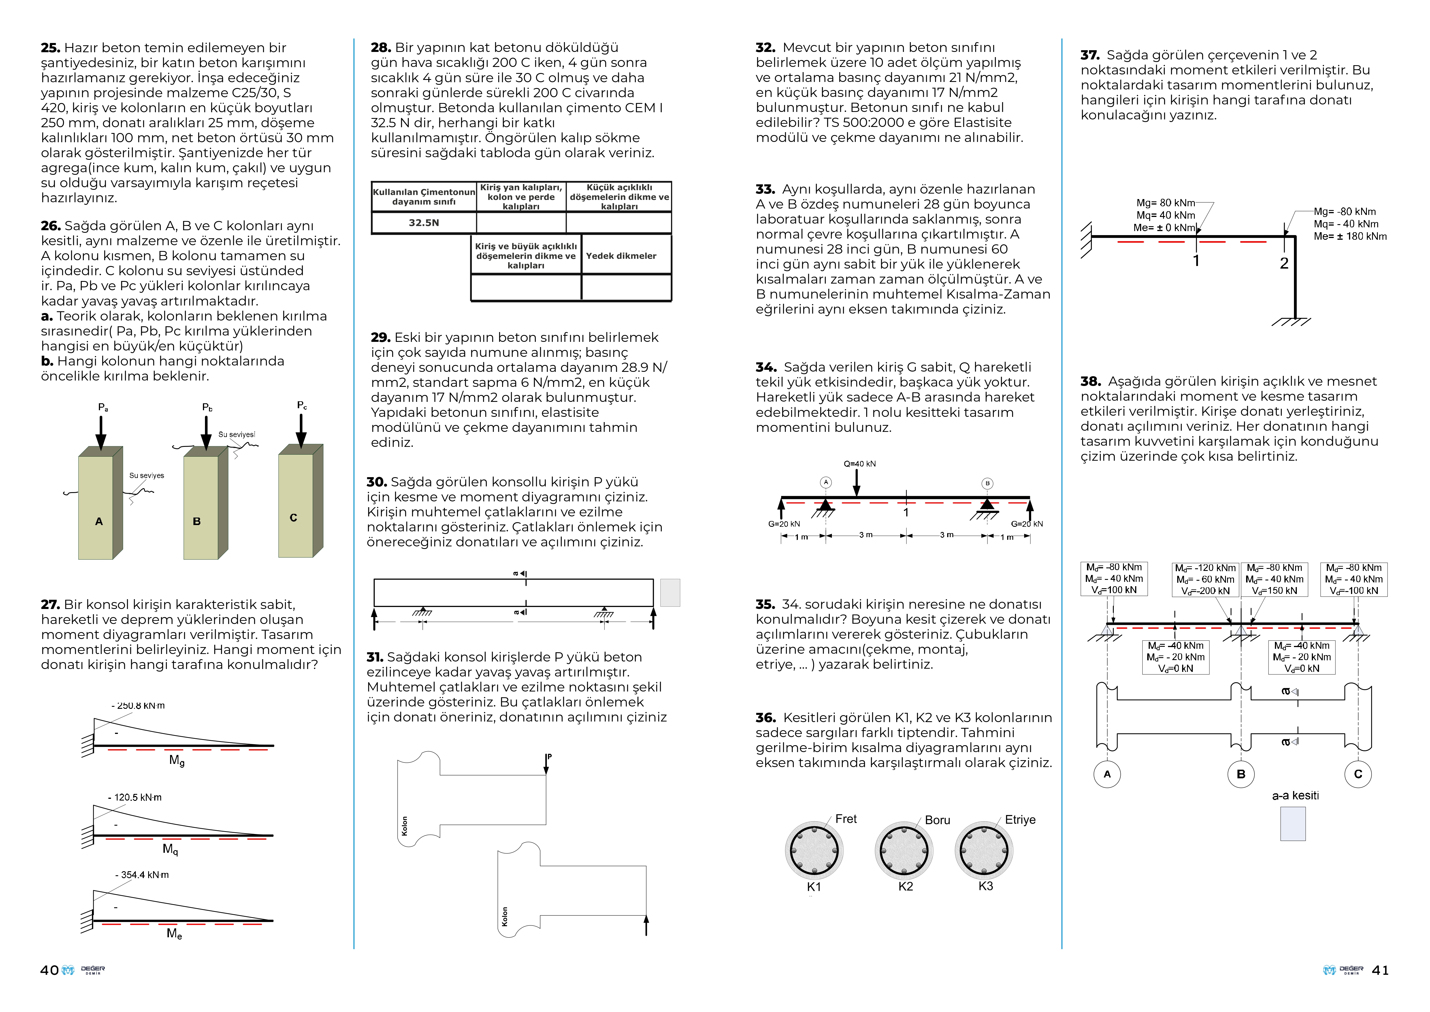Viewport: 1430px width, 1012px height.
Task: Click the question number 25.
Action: click(50, 48)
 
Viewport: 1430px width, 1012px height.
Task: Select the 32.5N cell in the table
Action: click(423, 222)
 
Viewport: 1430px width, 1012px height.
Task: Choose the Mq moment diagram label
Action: click(170, 849)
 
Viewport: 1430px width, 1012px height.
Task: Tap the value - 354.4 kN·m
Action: click(142, 875)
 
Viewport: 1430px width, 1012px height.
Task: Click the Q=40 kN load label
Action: click(860, 464)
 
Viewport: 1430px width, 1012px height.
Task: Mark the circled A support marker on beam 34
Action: click(826, 482)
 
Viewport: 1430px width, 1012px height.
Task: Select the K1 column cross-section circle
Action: click(814, 851)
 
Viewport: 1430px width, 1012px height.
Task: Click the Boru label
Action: click(937, 820)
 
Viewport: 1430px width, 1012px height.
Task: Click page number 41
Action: click(1380, 970)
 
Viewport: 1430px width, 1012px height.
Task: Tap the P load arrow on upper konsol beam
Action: click(546, 765)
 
